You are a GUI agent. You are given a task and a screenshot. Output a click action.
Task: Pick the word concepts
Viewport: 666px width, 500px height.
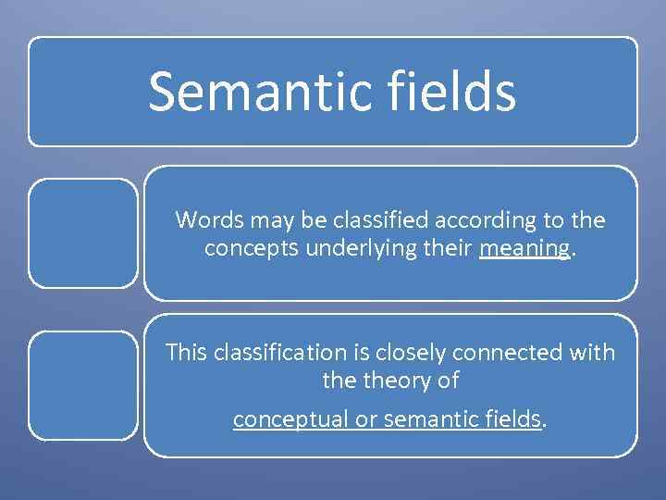tap(237, 247)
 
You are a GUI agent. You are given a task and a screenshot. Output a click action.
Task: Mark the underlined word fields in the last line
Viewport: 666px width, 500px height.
tap(512, 419)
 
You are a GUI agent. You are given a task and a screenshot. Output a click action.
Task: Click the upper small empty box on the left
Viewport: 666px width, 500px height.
tap(82, 232)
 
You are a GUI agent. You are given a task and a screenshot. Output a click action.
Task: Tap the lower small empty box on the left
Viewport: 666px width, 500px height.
tap(82, 384)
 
